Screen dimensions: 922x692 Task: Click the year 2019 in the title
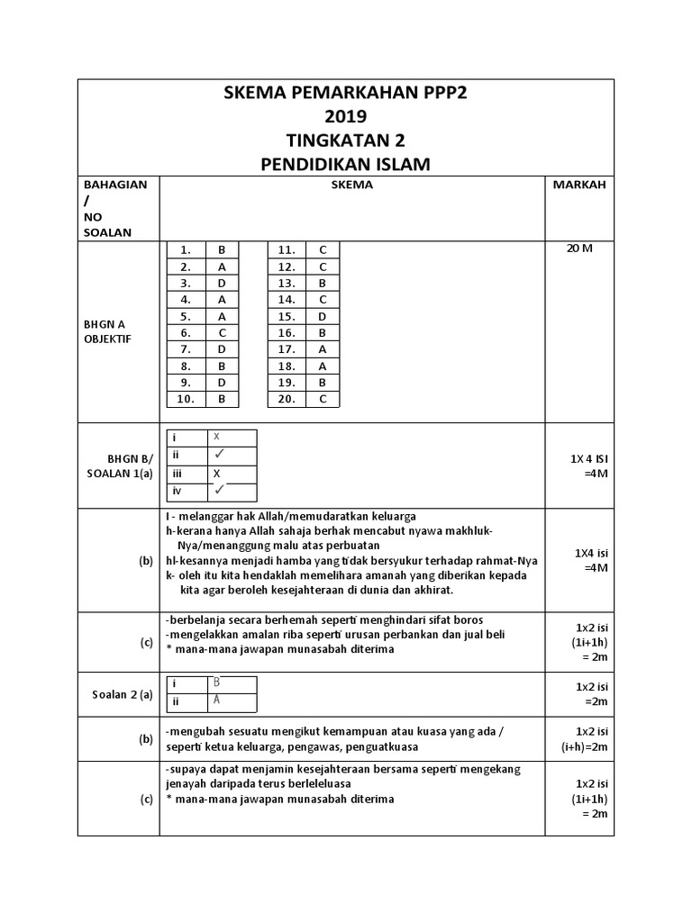click(x=346, y=117)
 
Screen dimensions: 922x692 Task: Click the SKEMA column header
click(x=352, y=185)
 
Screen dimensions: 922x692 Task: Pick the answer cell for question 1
click(x=221, y=250)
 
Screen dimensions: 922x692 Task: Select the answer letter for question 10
click(x=221, y=399)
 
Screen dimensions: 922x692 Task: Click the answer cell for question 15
click(x=322, y=316)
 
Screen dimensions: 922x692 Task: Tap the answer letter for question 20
click(x=322, y=399)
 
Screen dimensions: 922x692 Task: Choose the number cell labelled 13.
click(x=287, y=283)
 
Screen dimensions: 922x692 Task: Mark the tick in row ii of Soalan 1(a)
click(x=218, y=455)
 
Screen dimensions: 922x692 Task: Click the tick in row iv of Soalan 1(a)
click(x=218, y=490)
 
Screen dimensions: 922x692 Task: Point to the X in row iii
click(x=216, y=473)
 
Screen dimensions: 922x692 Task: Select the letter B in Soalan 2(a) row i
click(x=216, y=683)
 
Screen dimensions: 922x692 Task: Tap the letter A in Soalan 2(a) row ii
click(x=216, y=701)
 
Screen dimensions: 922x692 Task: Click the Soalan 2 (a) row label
click(x=123, y=693)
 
